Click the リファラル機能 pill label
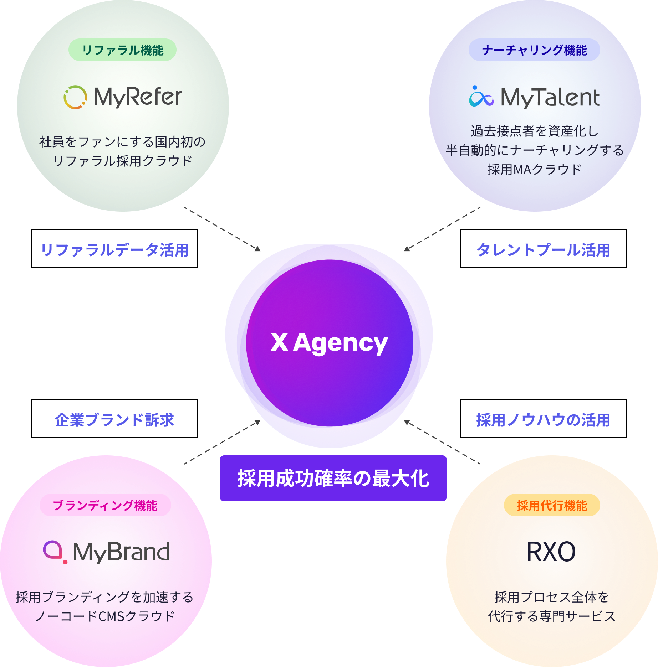tap(122, 50)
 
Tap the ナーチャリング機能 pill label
tap(534, 50)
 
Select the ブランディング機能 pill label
tap(105, 505)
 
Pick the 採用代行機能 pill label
tap(552, 505)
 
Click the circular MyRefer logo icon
tap(75, 97)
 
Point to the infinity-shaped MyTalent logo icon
tap(481, 97)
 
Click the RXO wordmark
tap(551, 552)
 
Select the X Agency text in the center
tap(329, 343)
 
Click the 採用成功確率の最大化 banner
tap(333, 478)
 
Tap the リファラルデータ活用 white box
tap(114, 249)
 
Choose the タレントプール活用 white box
tap(543, 249)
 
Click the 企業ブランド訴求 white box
tap(114, 419)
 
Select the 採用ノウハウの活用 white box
tap(543, 419)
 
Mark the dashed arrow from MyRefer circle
tap(222, 229)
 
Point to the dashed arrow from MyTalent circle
tap(442, 229)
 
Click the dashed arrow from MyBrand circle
tap(222, 442)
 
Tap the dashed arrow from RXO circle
tap(442, 442)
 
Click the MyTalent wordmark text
tap(550, 98)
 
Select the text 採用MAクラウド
tap(534, 170)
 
